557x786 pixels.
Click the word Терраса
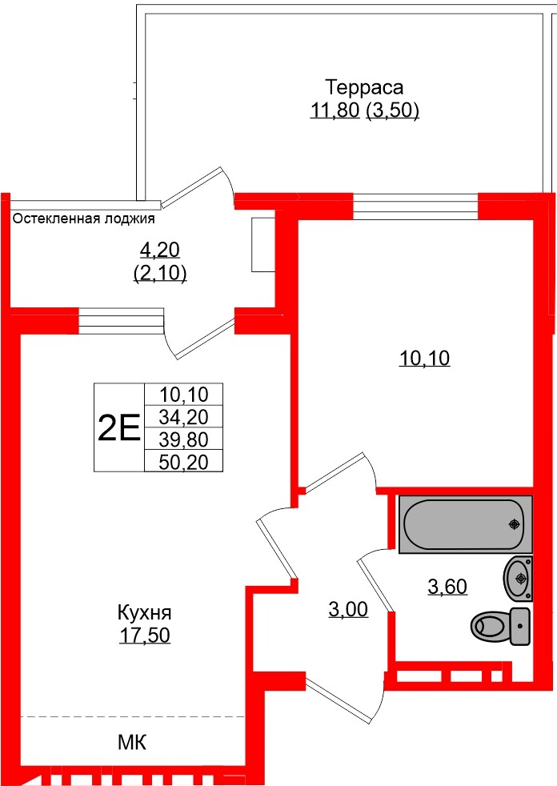pos(364,86)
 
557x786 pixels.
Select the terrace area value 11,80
pos(335,110)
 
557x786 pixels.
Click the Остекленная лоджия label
pos(83,218)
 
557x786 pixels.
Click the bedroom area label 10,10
pos(425,359)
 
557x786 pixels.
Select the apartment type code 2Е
pos(118,428)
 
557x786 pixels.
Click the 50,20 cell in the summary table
pos(183,459)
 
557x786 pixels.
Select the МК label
pos(133,743)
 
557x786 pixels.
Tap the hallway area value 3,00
pos(348,610)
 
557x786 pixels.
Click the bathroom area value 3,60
pos(447,587)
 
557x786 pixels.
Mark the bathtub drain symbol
pos(514,524)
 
